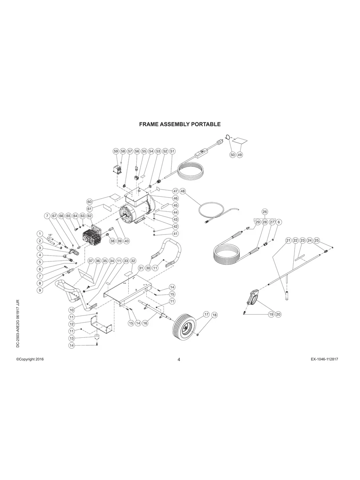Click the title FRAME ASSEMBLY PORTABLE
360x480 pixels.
[180, 124]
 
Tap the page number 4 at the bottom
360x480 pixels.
[179, 360]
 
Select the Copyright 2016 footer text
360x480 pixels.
[30, 359]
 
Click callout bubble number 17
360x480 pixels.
[206, 314]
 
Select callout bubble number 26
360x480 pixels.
[265, 212]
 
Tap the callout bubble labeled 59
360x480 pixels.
[116, 151]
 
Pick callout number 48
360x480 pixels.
[182, 191]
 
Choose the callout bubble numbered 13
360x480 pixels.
[72, 338]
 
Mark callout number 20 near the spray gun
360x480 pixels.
[278, 314]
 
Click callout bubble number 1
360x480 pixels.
[40, 233]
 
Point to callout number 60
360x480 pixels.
[89, 201]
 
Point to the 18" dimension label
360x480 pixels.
[50, 235]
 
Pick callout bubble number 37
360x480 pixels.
[91, 261]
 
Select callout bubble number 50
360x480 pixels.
[232, 155]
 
